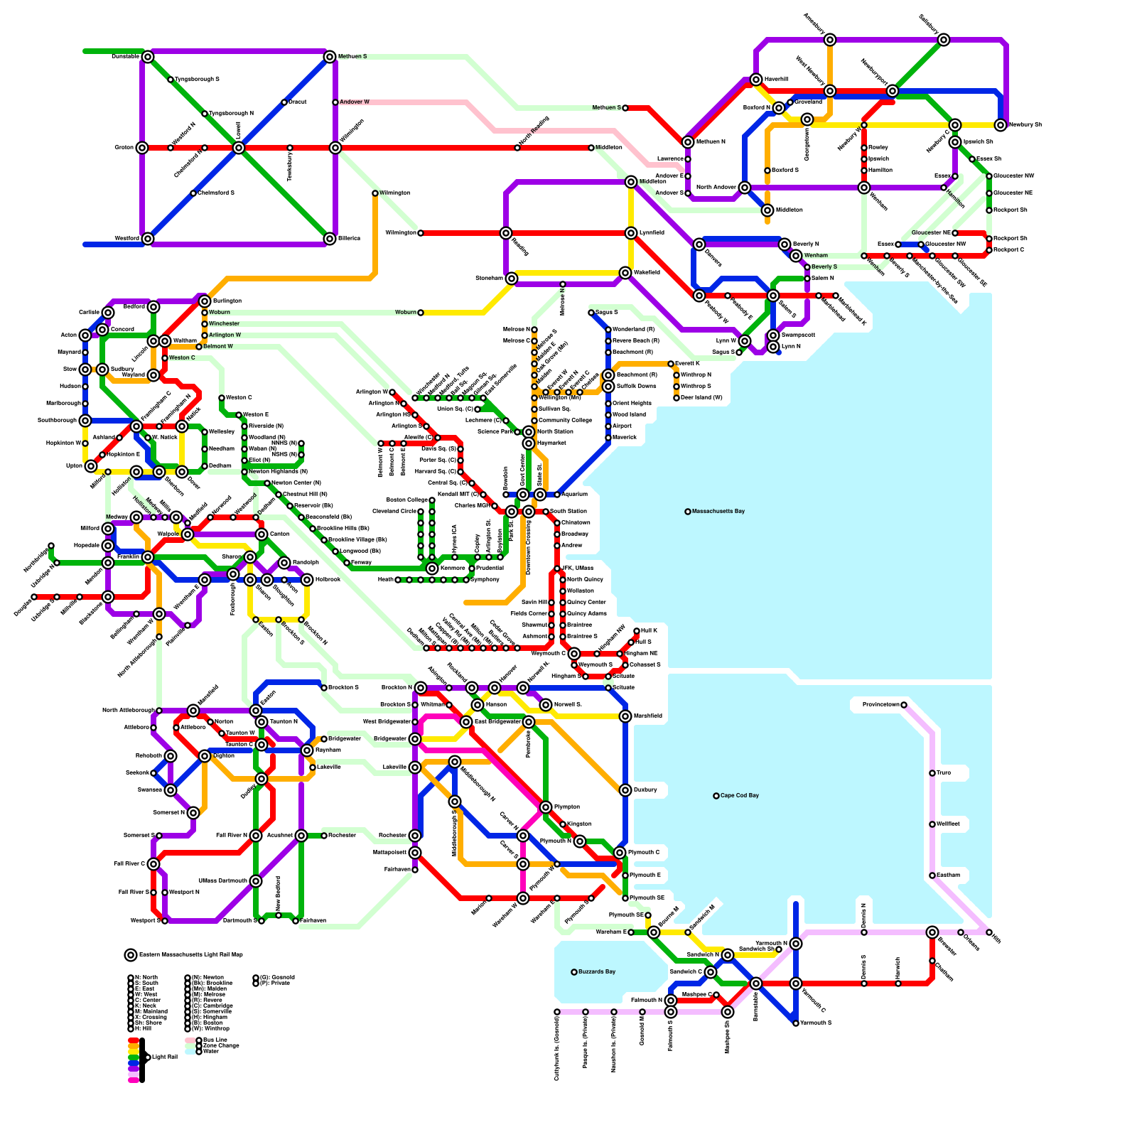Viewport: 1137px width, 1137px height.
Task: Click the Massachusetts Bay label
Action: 718,511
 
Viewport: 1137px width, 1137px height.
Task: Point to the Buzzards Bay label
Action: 596,971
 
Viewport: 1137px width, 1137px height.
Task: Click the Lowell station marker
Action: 239,148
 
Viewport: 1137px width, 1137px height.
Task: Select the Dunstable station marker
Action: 148,57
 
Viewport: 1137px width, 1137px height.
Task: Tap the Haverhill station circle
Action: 756,80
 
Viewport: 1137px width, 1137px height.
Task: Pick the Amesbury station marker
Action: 830,40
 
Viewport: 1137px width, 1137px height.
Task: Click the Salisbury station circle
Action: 944,40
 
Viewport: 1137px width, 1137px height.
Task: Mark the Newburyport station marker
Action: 893,91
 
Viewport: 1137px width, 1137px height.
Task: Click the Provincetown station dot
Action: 904,705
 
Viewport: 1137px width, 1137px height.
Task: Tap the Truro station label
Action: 944,772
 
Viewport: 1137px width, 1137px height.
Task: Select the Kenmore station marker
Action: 432,568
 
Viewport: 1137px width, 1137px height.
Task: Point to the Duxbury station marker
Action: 625,790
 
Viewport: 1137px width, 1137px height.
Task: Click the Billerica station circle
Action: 330,239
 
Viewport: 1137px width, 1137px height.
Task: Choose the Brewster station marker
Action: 932,932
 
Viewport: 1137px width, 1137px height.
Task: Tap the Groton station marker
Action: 142,148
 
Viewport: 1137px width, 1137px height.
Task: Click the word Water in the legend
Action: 211,1051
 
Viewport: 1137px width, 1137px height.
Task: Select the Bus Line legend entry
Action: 215,1040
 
